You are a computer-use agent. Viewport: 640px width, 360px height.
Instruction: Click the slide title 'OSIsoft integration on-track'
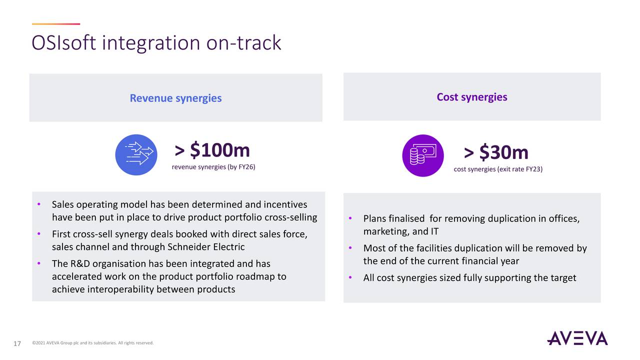point(156,43)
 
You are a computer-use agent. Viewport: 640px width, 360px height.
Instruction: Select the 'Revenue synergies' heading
point(175,98)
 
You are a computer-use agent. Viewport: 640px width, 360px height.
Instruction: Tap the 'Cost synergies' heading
point(471,97)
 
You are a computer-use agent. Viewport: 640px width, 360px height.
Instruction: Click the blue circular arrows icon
point(136,154)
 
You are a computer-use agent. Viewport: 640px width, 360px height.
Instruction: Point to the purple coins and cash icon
point(422,155)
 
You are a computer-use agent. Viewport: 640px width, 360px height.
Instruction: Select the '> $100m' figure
point(212,150)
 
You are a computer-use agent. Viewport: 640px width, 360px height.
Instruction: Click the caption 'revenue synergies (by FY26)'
point(213,167)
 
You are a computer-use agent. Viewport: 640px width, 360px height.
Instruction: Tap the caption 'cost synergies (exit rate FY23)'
point(497,169)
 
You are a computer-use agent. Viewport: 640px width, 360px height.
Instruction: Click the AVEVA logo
point(577,338)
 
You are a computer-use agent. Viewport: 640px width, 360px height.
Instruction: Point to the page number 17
point(17,343)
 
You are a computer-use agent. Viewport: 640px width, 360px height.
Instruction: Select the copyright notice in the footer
point(92,343)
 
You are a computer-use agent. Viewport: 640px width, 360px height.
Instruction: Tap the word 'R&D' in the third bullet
point(79,263)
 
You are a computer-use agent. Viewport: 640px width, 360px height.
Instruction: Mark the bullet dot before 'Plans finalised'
point(350,218)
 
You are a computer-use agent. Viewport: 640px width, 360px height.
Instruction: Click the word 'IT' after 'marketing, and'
point(434,231)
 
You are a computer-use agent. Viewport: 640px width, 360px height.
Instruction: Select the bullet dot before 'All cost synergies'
point(350,277)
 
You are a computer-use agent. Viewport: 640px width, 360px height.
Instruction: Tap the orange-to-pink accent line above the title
point(55,24)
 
